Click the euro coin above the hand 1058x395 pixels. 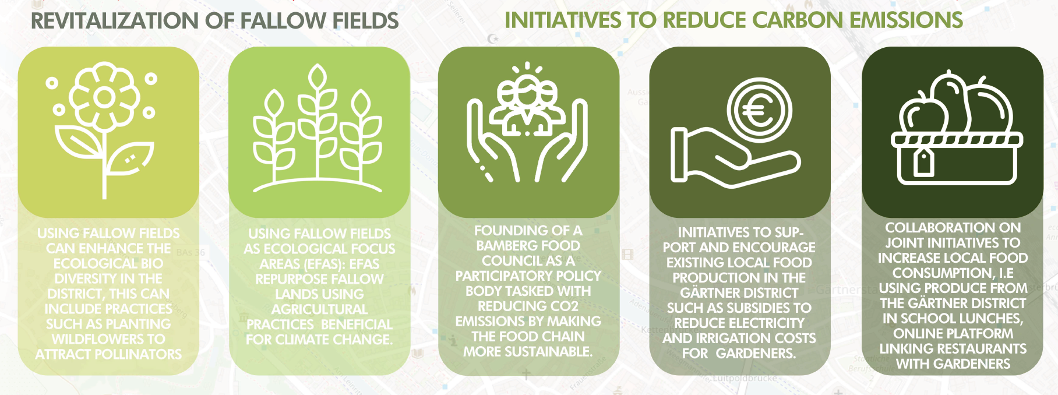759,110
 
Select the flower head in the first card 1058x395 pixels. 105,97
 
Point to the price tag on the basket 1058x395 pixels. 923,161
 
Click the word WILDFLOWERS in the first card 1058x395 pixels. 108,339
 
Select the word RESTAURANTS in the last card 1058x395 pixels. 983,349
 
